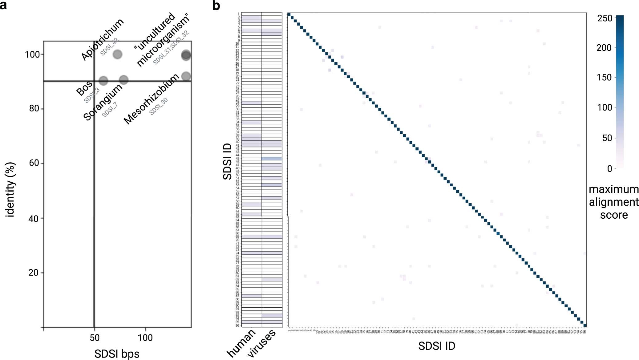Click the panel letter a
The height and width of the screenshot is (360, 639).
click(3, 5)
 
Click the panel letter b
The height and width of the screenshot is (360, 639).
click(216, 6)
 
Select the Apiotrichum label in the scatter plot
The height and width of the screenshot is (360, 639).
click(103, 39)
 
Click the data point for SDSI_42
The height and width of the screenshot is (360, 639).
click(117, 55)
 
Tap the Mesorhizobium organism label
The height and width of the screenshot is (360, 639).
click(151, 99)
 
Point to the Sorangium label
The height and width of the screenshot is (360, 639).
click(103, 102)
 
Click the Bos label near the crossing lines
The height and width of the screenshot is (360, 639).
click(84, 88)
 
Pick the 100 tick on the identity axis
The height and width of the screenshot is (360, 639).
click(32, 55)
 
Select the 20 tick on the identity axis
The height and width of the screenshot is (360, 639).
click(34, 273)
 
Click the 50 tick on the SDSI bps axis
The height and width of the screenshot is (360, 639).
click(95, 338)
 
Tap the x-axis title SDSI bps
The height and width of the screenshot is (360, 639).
click(117, 354)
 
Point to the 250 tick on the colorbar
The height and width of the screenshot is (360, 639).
click(605, 18)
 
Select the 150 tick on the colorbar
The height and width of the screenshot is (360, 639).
click(604, 78)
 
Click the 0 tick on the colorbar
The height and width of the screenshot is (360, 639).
click(609, 169)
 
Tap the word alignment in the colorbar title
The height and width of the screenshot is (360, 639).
click(613, 202)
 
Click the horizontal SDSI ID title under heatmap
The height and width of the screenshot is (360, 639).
click(436, 346)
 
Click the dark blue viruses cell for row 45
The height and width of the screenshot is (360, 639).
click(272, 159)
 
